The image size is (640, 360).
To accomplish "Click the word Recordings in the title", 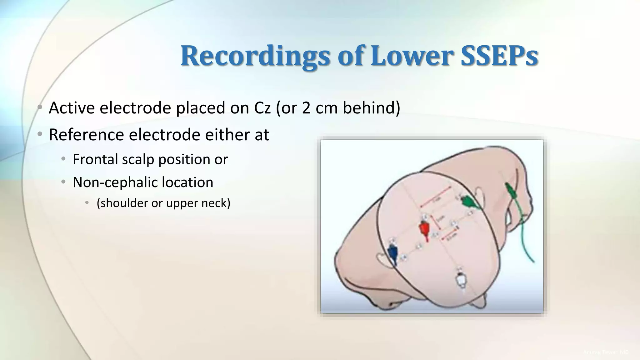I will (255, 56).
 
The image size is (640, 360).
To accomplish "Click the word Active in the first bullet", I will (72, 108).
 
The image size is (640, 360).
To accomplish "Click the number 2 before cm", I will (306, 108).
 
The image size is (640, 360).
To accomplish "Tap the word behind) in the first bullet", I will (371, 108).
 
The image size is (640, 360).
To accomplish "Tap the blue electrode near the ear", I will (392, 251).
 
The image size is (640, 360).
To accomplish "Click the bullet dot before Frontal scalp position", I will (63, 159).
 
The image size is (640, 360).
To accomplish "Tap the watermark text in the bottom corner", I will (606, 352).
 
